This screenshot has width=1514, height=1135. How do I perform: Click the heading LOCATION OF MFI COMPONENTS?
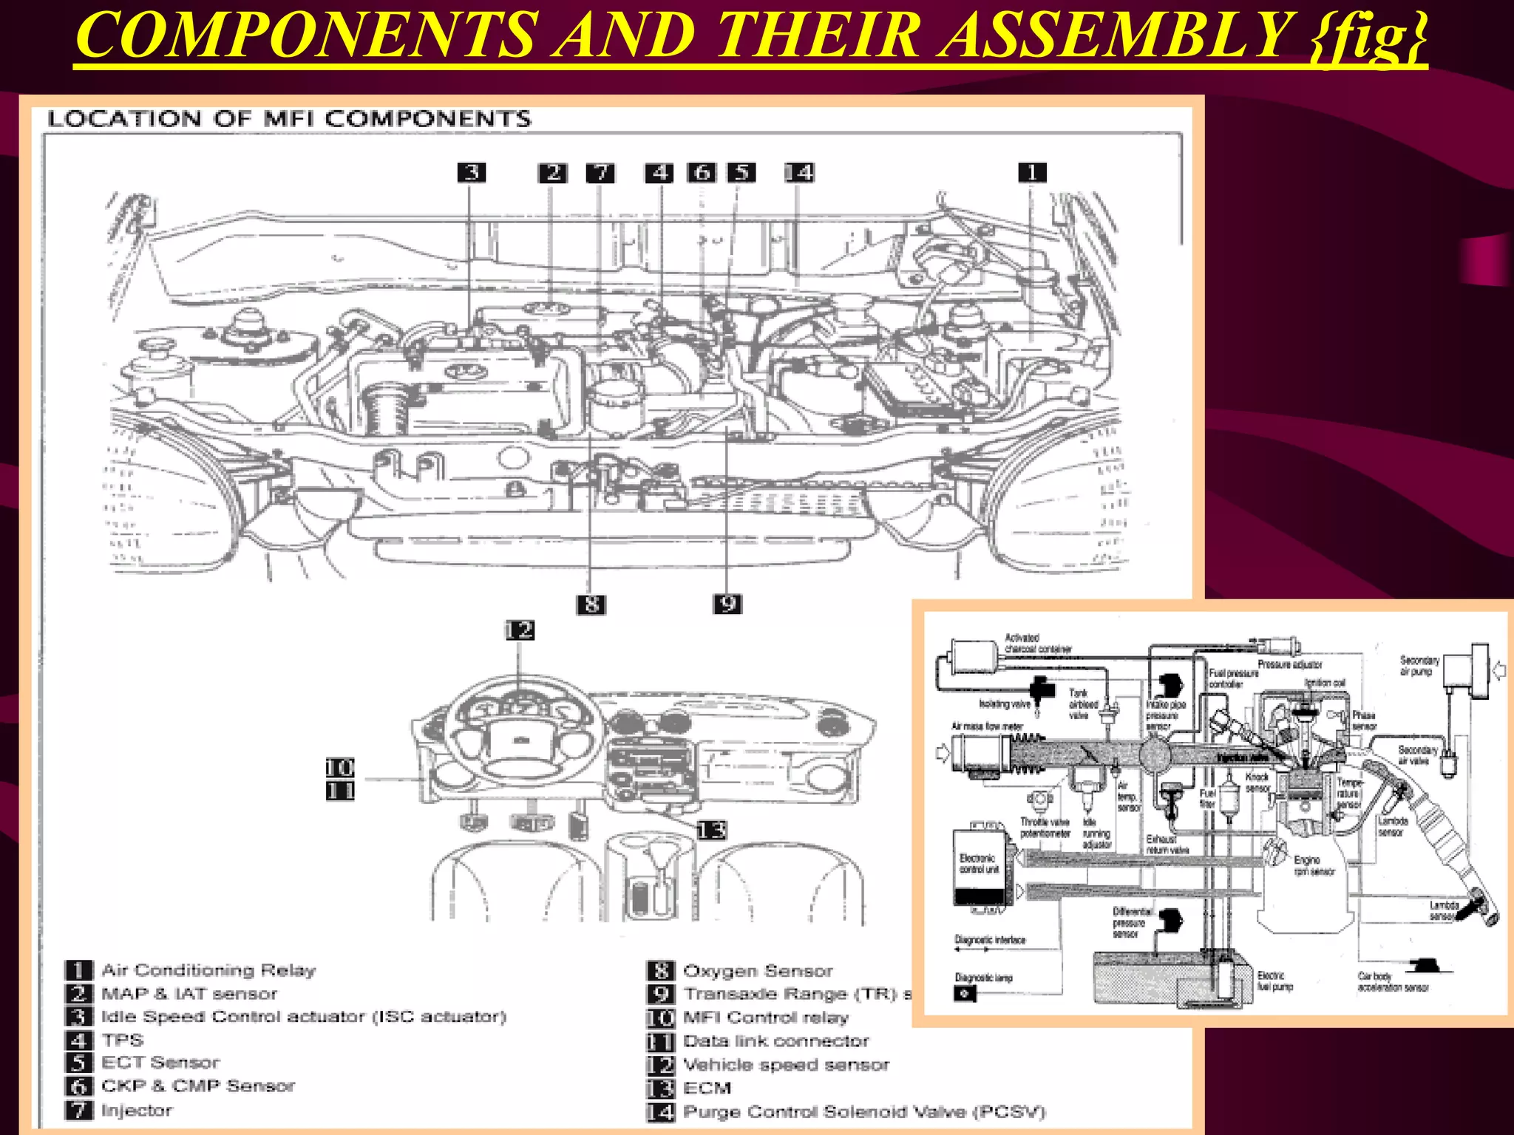point(289,119)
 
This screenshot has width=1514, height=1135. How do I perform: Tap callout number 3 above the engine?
point(471,172)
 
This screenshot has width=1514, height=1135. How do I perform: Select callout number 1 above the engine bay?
point(1032,172)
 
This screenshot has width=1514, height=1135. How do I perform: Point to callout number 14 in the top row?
point(798,172)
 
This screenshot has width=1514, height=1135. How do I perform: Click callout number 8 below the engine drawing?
point(591,604)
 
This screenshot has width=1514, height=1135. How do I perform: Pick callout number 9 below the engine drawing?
point(727,604)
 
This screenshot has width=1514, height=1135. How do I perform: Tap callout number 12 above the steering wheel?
point(520,630)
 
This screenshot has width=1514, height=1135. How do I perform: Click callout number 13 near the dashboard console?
point(711,830)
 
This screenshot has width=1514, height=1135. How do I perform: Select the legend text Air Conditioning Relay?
point(208,969)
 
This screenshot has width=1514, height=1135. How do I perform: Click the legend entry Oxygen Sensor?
point(758,970)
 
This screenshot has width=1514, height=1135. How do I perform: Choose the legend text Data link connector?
point(776,1040)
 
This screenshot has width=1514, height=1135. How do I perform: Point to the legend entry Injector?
point(137,1110)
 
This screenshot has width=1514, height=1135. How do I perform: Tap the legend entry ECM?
point(707,1088)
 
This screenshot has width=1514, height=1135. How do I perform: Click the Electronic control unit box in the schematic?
point(980,865)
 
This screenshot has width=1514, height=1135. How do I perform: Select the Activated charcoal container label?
point(1036,643)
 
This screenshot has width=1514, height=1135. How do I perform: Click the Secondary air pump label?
point(1419,666)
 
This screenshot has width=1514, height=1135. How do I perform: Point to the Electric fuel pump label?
point(1274,981)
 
